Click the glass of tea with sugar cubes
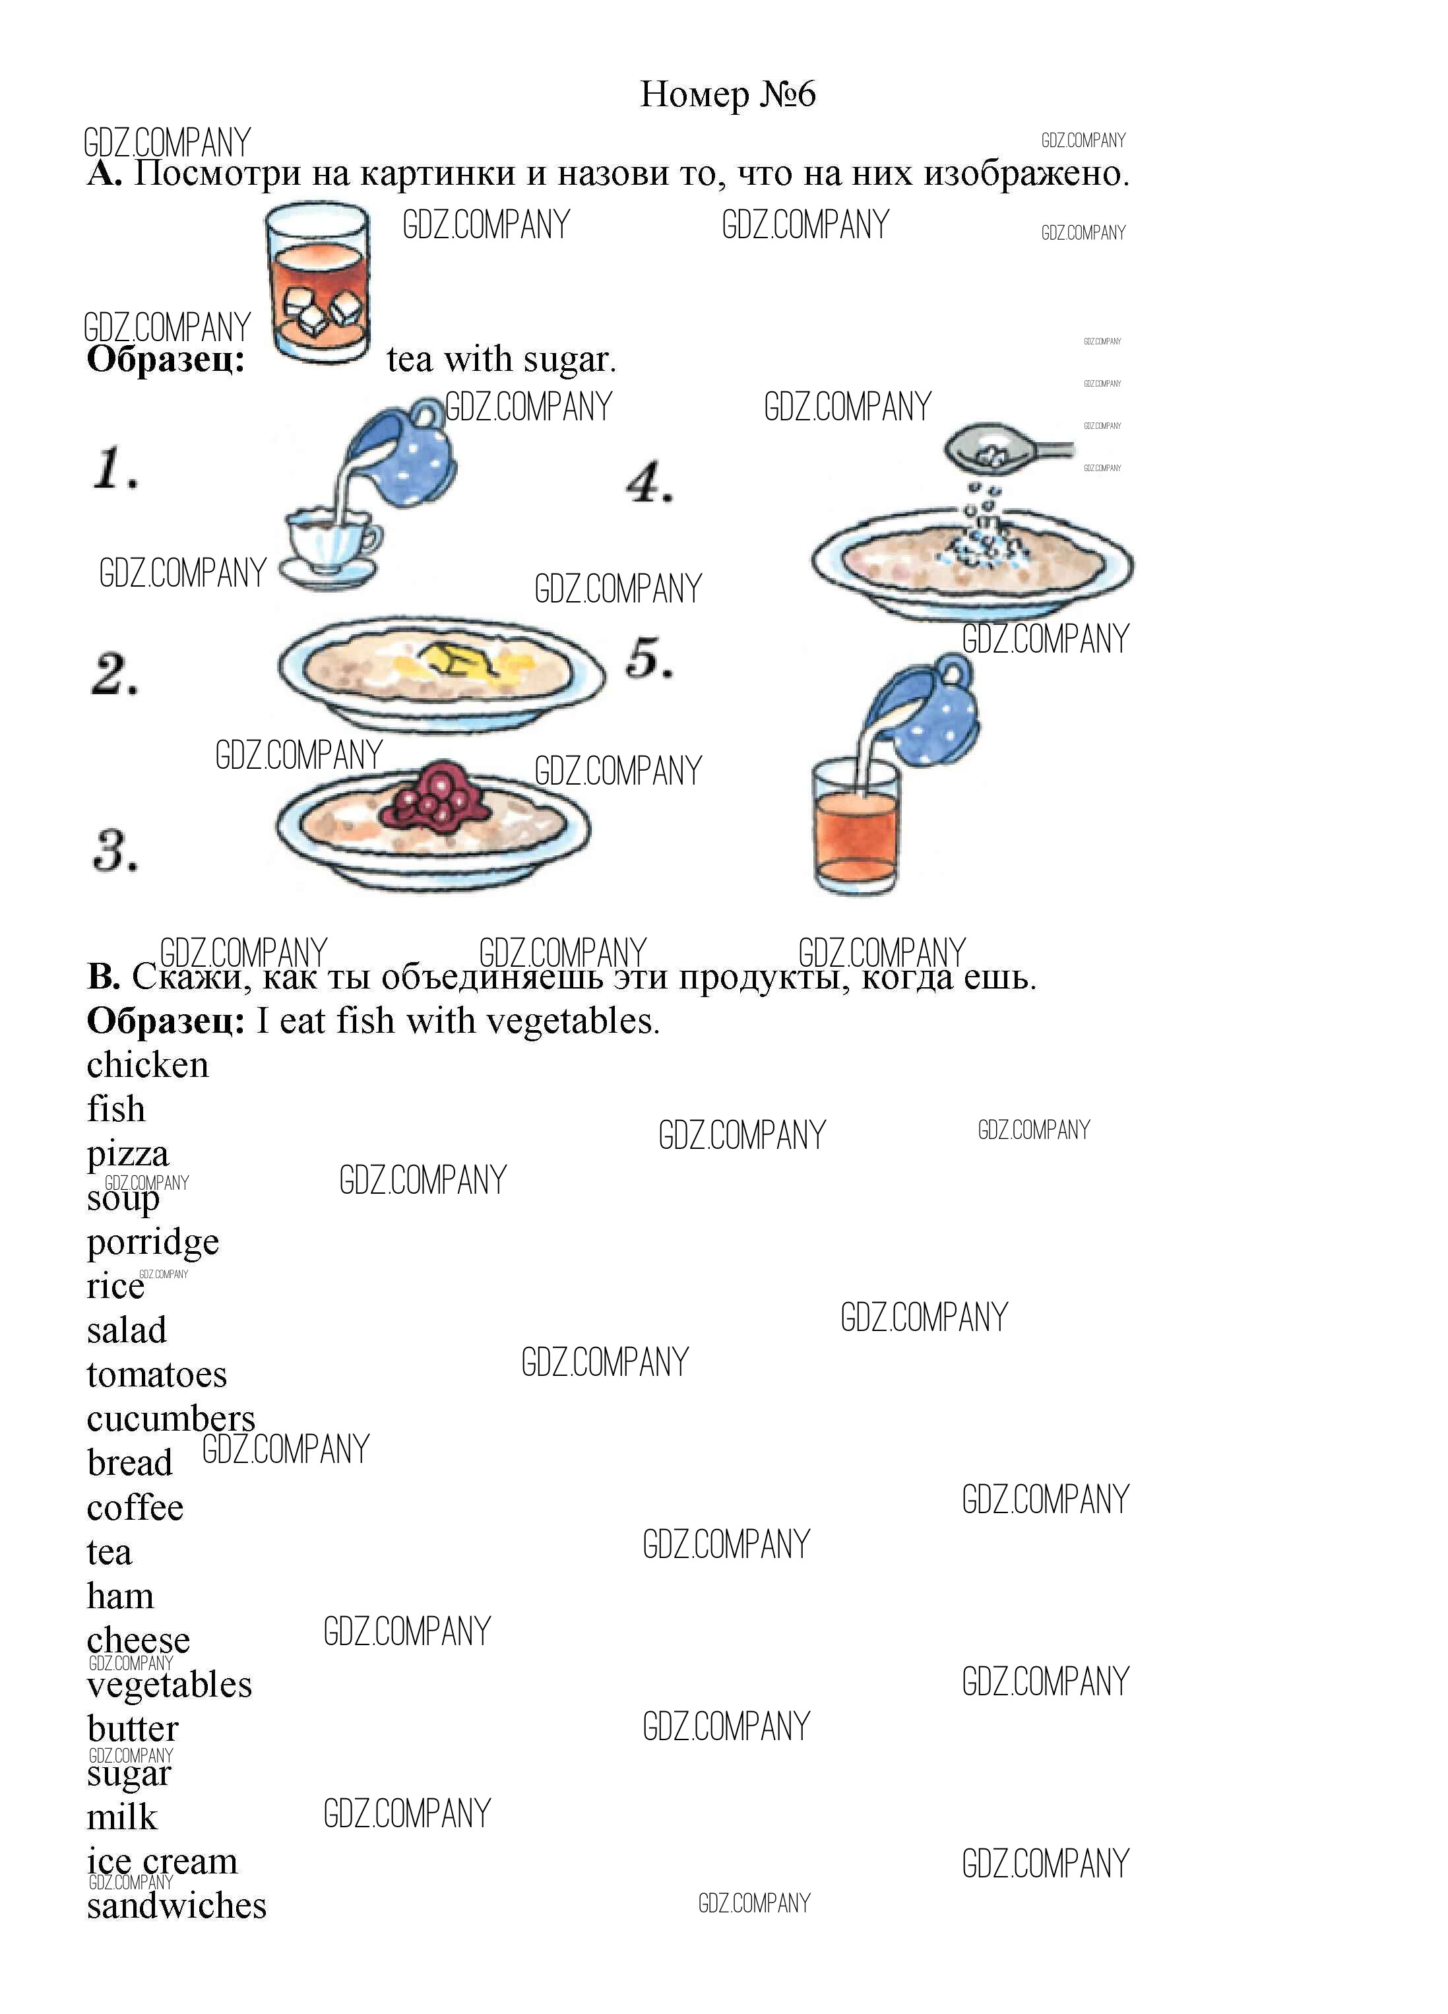tap(318, 282)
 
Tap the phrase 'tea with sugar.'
tap(501, 360)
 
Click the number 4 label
tap(650, 483)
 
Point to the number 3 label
tap(115, 850)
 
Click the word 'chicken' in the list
tap(147, 1064)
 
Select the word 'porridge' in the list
tap(152, 1243)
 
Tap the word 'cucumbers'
tap(170, 1418)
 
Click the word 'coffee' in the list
tap(135, 1507)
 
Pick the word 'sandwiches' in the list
tap(177, 1904)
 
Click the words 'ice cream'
tap(162, 1860)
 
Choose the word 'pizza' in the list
tap(128, 1154)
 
